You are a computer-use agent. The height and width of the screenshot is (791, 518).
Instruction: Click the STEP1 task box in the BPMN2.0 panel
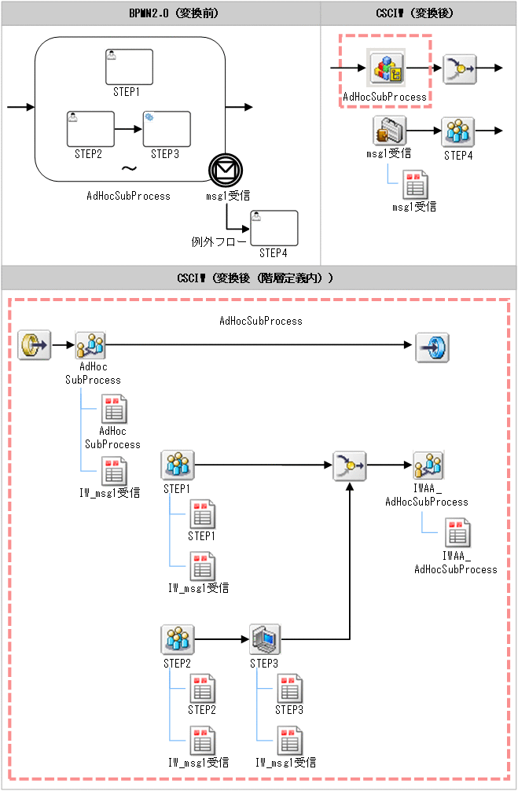click(130, 67)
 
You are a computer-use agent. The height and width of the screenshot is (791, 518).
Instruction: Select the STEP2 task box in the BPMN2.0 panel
click(90, 128)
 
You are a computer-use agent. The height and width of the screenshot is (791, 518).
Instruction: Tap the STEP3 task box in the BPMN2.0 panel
click(166, 128)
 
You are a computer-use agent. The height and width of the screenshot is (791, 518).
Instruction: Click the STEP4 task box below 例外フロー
click(274, 228)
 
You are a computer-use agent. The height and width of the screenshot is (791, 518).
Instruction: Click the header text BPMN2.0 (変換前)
click(160, 13)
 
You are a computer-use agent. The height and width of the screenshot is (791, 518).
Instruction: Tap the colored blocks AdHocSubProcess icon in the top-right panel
click(386, 68)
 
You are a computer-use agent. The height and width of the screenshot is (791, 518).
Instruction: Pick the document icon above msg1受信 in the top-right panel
click(414, 185)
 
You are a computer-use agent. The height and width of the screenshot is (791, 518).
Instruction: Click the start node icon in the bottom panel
click(35, 344)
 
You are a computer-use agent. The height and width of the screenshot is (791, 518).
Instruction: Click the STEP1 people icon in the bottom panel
click(178, 465)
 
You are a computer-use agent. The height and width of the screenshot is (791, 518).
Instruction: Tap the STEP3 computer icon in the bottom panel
click(265, 639)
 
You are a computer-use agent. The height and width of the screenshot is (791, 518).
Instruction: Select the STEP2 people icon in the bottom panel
click(178, 639)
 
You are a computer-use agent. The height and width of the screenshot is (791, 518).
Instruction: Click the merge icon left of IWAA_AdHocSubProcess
click(348, 465)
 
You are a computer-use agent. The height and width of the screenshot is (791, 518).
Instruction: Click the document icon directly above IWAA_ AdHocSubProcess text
click(457, 533)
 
